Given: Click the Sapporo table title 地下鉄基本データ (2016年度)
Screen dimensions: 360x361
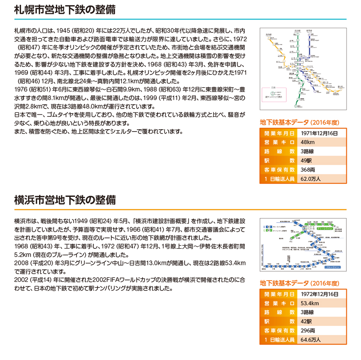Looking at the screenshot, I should pos(300,123).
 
